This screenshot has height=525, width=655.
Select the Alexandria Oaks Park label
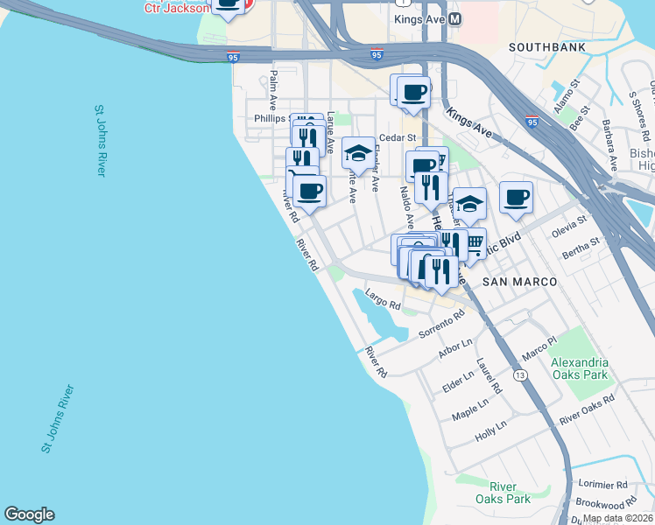pyautogui.click(x=579, y=368)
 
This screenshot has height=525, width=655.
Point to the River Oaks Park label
pyautogui.click(x=510, y=493)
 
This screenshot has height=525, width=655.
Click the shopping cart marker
pyautogui.click(x=473, y=242)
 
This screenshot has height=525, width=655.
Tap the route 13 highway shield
pyautogui.click(x=521, y=375)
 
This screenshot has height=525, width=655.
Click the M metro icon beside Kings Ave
pyautogui.click(x=454, y=17)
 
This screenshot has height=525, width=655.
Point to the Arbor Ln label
pyautogui.click(x=454, y=351)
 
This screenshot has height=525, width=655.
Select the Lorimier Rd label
pyautogui.click(x=604, y=484)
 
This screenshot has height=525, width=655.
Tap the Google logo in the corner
pyautogui.click(x=29, y=514)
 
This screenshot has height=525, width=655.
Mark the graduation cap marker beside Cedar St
pyautogui.click(x=357, y=153)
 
